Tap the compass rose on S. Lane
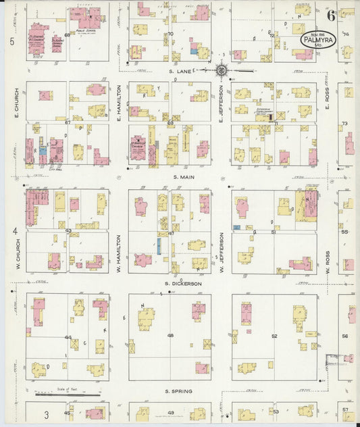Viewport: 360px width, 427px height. click(222, 70)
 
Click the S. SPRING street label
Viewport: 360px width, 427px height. click(180, 391)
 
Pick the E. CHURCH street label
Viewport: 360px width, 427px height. click(15, 101)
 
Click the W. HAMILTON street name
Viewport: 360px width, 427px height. click(118, 250)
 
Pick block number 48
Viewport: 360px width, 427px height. click(170, 336)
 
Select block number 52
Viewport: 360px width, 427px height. click(274, 336)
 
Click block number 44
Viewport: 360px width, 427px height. click(68, 337)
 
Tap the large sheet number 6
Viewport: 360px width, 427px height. click(332, 16)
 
